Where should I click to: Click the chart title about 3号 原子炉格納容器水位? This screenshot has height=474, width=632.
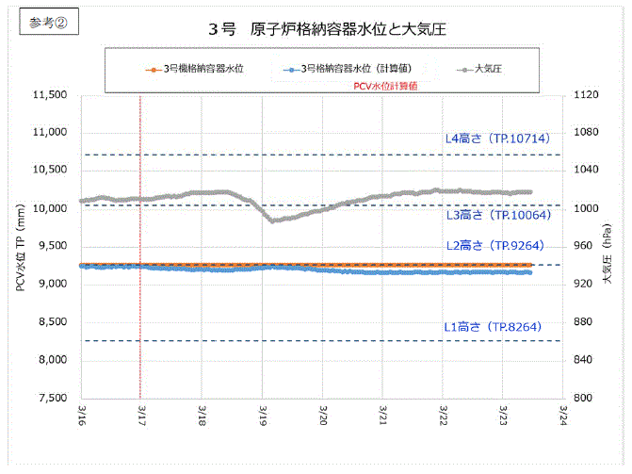(327, 29)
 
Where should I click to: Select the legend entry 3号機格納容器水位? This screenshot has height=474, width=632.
(203, 69)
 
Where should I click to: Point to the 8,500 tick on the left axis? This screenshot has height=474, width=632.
(53, 322)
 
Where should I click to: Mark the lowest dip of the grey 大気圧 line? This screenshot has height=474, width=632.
(271, 221)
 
